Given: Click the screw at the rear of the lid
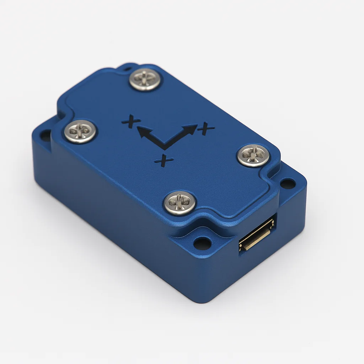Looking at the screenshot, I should click(x=144, y=79).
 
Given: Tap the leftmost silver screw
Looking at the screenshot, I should click(x=80, y=132).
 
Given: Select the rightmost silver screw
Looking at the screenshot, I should click(x=253, y=155).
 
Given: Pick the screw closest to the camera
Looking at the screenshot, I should click(x=180, y=203).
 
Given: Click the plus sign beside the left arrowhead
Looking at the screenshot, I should click(x=130, y=121).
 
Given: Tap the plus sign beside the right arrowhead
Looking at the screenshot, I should click(x=206, y=128).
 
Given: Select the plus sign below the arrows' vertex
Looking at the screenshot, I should click(x=164, y=160).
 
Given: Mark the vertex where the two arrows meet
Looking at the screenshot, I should click(x=164, y=146).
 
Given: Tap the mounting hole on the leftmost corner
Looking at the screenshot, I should click(x=45, y=135).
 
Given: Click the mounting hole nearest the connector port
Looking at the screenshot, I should click(x=202, y=243).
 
